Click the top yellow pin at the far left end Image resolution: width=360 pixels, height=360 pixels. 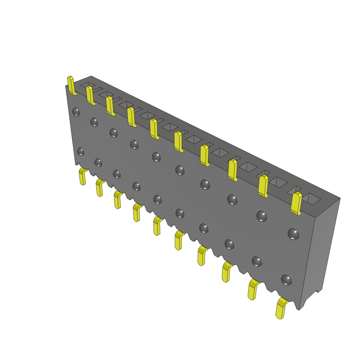click(x=71, y=85)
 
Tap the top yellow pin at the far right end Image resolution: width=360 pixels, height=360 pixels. click(x=296, y=204)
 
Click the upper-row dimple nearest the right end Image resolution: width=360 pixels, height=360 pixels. click(x=293, y=234)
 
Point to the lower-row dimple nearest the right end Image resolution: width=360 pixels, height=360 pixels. click(x=287, y=280)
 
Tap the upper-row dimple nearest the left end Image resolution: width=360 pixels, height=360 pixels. click(x=76, y=112)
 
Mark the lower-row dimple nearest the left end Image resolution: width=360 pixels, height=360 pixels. click(x=81, y=152)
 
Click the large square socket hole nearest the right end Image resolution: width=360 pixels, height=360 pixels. click(x=311, y=199)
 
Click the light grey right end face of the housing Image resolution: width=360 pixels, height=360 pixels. click(x=322, y=246)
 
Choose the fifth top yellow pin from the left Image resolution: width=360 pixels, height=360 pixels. click(x=154, y=129)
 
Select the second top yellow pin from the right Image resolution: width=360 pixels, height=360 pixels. click(x=263, y=186)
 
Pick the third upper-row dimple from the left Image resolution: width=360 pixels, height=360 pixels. click(x=113, y=133)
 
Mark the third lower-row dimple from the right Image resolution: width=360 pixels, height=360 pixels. click(x=229, y=244)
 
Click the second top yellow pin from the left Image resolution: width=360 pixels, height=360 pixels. click(x=90, y=95)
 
